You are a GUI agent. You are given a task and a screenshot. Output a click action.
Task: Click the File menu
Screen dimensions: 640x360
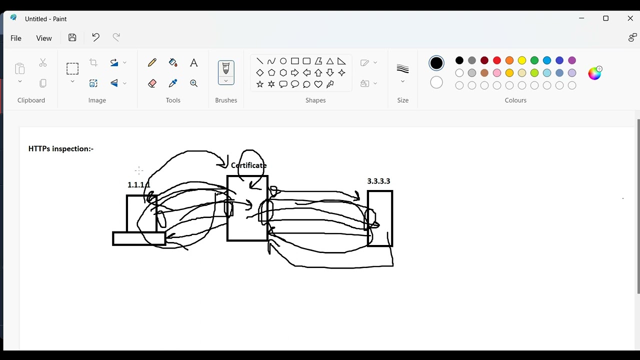point(15,38)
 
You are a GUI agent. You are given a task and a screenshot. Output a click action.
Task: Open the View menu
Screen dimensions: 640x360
point(43,38)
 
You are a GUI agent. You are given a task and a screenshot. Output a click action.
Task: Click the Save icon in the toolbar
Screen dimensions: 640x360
point(72,37)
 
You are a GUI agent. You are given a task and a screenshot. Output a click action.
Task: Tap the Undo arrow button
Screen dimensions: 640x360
point(95,37)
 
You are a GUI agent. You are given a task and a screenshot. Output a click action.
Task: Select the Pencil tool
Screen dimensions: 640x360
point(152,62)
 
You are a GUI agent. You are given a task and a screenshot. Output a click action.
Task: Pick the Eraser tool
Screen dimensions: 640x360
point(152,83)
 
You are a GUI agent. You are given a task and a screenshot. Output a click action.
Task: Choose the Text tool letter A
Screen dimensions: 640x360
point(193,62)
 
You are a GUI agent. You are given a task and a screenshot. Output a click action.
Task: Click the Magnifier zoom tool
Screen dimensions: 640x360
point(193,83)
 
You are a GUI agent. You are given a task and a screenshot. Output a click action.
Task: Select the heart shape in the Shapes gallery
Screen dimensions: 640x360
point(318,84)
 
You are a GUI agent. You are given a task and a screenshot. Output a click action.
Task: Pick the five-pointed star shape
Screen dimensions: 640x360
point(259,84)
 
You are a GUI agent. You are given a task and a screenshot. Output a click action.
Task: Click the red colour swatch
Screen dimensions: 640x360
point(497,60)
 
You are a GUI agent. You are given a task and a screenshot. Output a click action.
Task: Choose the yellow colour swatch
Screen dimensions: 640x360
point(522,60)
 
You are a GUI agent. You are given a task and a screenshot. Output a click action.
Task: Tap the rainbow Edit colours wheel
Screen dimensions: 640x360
point(594,73)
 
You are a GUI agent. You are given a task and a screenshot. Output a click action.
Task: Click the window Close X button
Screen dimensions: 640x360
point(630,18)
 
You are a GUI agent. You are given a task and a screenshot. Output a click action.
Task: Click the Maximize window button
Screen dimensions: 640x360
point(605,18)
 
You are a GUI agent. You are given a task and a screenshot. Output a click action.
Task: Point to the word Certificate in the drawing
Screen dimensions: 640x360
point(248,165)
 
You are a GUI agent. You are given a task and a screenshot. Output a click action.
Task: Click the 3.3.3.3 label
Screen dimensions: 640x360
point(378,181)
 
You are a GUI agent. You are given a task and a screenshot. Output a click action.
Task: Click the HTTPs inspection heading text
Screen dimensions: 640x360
point(61,149)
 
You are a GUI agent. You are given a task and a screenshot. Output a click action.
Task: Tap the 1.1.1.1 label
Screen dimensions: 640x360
point(139,185)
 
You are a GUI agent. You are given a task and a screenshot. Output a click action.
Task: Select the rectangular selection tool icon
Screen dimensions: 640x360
point(72,69)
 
